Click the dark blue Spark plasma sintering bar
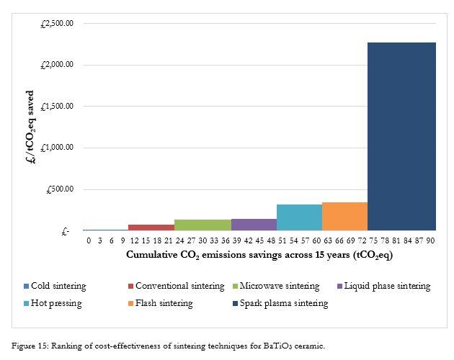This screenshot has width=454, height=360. tap(401, 137)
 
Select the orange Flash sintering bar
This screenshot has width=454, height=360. tap(344, 217)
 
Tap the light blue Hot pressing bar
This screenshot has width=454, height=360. tap(299, 217)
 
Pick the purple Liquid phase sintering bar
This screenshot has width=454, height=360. tap(254, 225)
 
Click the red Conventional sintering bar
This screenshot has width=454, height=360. tap(151, 228)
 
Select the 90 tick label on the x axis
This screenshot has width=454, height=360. tap(430, 240)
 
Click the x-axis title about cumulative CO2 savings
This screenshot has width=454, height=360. tap(259, 254)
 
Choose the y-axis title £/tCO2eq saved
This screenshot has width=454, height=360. tap(30, 127)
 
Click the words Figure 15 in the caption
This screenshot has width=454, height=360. tap(29, 346)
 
